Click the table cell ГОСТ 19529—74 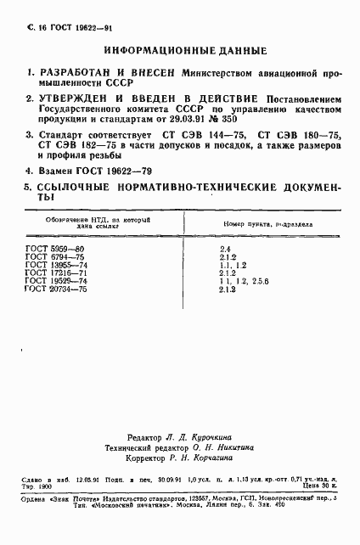click(58, 281)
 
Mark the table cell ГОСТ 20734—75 click(58, 289)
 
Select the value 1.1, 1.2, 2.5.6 click(240, 281)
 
